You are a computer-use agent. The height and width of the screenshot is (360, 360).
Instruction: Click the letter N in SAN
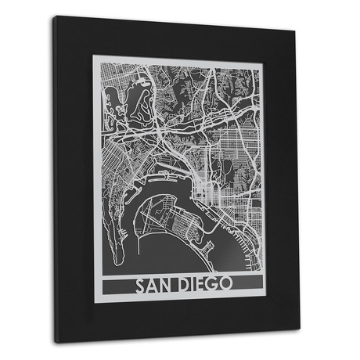click(167, 283)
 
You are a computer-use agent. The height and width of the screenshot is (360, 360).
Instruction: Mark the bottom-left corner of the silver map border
click(95, 300)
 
